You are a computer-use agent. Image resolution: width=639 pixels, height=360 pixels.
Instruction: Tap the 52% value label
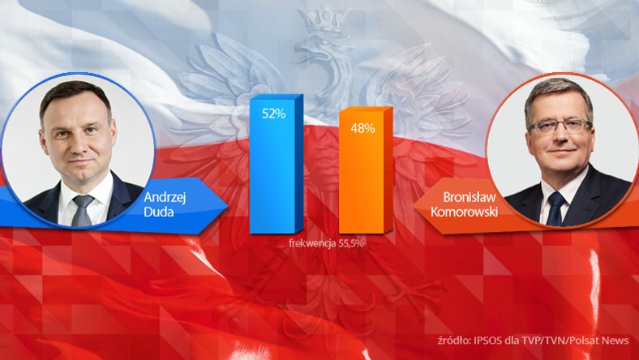(273, 114)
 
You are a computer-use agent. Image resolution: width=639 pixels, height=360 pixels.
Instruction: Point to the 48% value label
(362, 128)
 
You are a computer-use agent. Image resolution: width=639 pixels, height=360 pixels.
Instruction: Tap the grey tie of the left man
(82, 211)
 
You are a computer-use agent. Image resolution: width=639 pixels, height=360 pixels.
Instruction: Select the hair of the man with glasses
(558, 91)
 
